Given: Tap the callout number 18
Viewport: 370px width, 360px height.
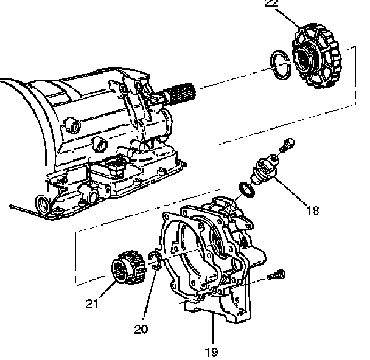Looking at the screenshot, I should coord(312,211).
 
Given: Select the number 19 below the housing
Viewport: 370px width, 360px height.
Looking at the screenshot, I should coord(211,351).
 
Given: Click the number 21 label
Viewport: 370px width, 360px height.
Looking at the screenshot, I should coord(92,305).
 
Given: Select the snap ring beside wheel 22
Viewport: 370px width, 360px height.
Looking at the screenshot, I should coord(281,65).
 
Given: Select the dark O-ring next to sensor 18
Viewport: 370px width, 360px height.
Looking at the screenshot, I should coord(245,190).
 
